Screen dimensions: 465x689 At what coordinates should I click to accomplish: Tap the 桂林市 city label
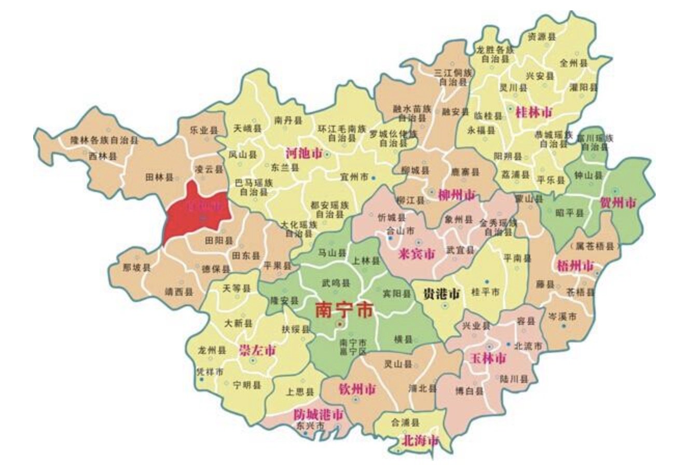coord(533,112)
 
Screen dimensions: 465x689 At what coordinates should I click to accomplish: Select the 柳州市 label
coord(457,195)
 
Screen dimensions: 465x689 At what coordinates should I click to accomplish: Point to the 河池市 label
coord(304,154)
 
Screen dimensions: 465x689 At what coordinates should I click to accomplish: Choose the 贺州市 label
coord(617,202)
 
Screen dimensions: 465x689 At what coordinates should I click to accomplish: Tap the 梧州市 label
coord(575,266)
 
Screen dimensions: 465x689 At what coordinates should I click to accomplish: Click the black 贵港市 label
coord(442,294)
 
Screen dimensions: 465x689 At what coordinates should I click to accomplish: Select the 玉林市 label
coord(488,358)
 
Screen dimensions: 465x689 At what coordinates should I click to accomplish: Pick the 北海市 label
coord(420,442)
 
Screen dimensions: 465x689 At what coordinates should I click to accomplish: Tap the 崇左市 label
coord(257,350)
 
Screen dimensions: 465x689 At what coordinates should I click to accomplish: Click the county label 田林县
coord(158,177)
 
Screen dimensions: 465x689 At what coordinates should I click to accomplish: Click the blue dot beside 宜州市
coord(373,178)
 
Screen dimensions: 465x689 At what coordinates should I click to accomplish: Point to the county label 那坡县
coord(136,268)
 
